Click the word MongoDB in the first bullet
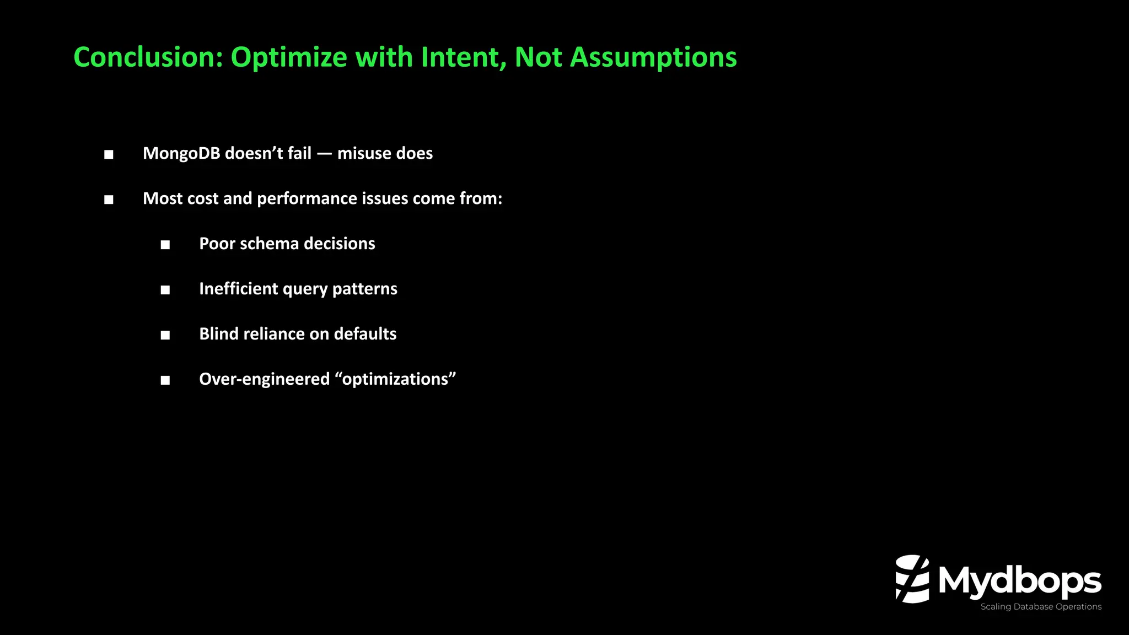point(181,153)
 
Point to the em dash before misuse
point(324,154)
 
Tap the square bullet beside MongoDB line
point(109,154)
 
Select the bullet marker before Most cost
point(109,200)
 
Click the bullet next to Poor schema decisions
point(165,245)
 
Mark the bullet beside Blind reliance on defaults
point(165,335)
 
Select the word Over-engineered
point(264,379)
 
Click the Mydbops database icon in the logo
point(912,579)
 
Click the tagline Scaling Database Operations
point(1041,607)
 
